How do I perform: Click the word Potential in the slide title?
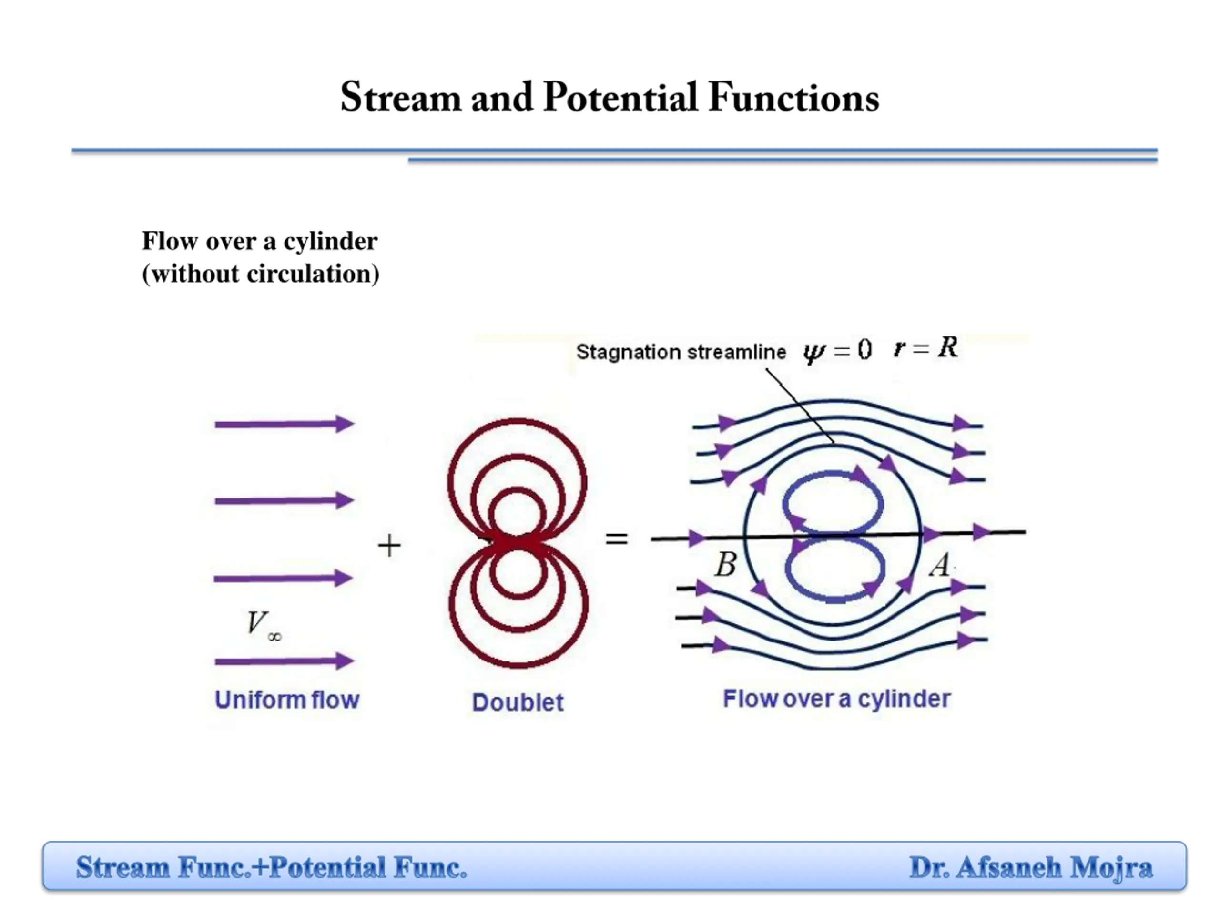coord(621,97)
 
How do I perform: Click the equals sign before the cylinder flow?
coord(617,539)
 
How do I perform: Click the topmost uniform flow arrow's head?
coord(345,424)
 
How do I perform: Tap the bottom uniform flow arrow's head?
coord(345,661)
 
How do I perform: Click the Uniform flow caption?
coord(287,700)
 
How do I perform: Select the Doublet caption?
coord(518,702)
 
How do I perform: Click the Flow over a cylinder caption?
coord(837,699)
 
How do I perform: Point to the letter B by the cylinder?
coord(726,564)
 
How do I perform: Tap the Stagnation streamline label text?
coord(681,352)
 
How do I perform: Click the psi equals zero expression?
coord(837,350)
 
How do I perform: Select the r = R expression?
coord(926,348)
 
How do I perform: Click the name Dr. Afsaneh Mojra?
coord(1030,867)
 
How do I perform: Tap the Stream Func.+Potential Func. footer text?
coord(271,867)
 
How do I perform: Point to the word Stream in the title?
coord(401,97)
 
